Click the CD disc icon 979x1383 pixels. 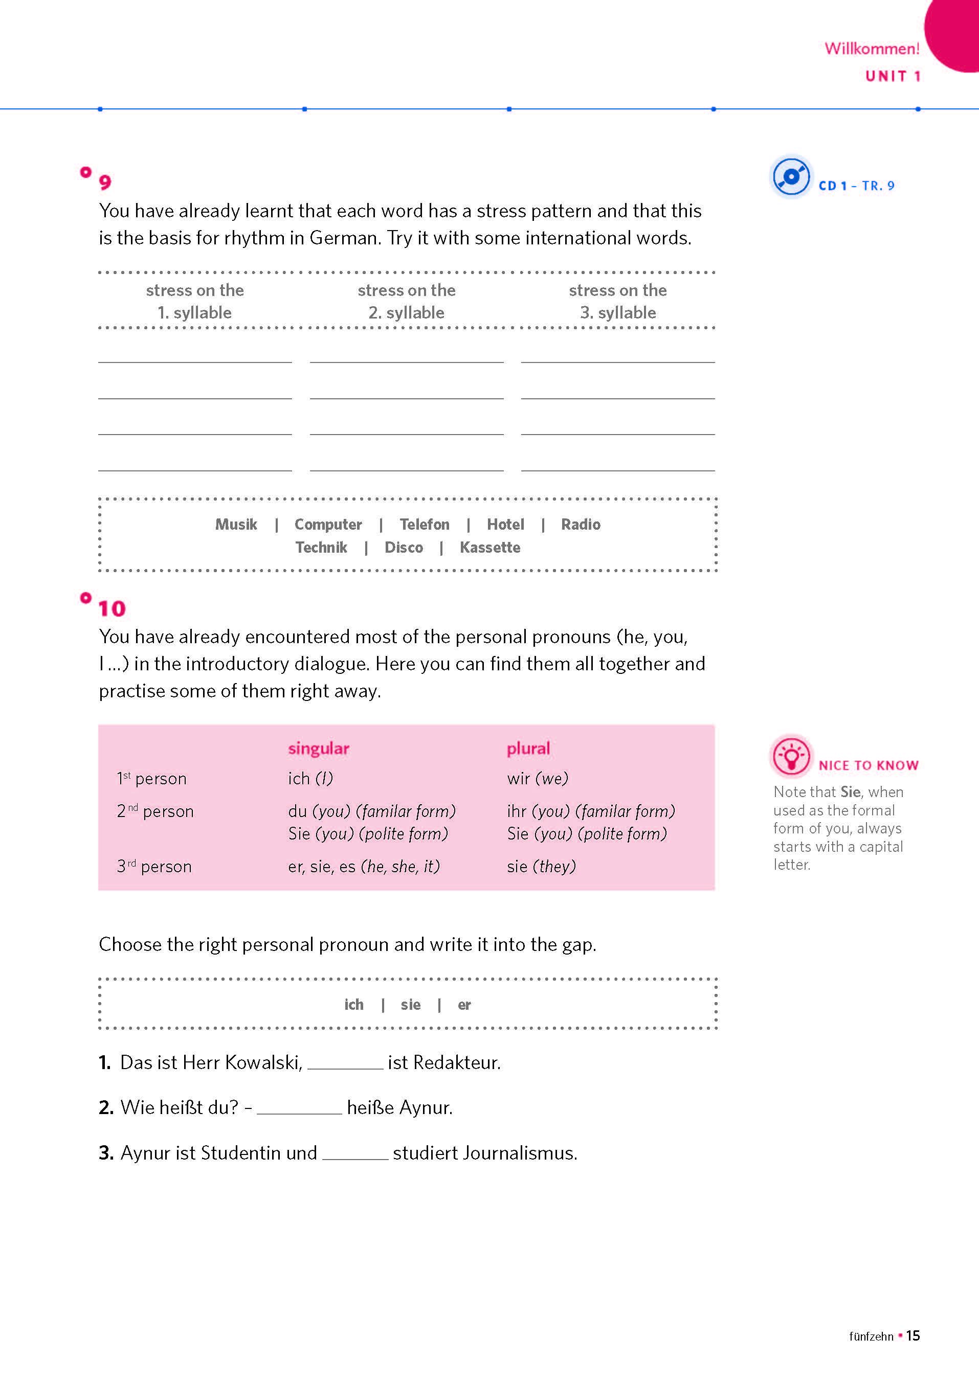coord(790,176)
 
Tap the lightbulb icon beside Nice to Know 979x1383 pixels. coord(790,756)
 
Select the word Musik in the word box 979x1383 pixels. coord(236,524)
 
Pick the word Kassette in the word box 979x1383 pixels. coord(489,547)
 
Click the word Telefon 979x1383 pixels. coord(425,524)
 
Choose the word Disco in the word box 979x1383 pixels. coord(403,547)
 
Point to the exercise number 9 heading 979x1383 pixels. coord(105,182)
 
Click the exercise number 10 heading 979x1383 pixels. coord(112,608)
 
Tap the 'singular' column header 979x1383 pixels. coord(318,749)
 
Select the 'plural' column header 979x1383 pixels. coord(528,749)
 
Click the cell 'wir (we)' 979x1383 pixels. coord(538,779)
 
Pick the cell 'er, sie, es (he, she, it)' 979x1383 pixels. coord(364,867)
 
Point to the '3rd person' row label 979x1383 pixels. coord(154,867)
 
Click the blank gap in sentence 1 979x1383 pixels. coord(345,1063)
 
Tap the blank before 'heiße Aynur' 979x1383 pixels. coord(299,1108)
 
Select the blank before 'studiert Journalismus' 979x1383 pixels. coord(355,1153)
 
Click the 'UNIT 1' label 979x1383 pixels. coord(892,76)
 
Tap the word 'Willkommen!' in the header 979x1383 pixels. coord(872,48)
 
